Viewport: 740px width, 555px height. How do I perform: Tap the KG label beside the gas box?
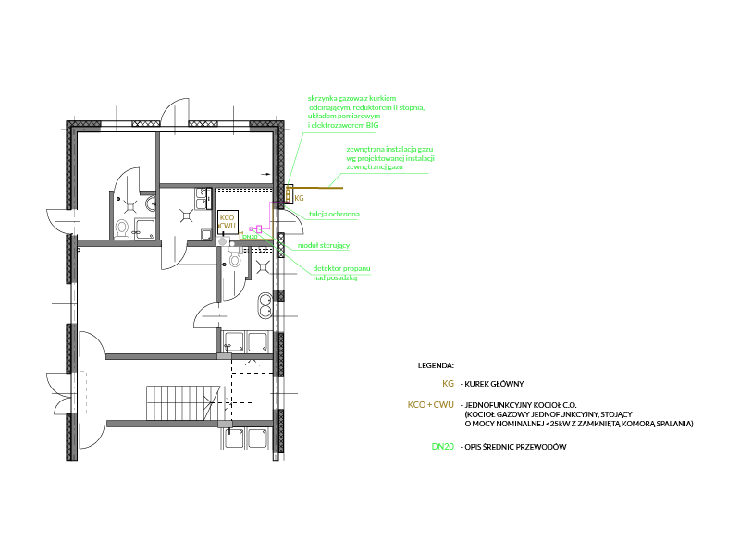(299, 198)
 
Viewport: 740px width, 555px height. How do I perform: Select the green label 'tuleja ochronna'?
(334, 214)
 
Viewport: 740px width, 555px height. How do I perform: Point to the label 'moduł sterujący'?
(324, 245)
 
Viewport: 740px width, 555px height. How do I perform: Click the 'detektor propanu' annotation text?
(341, 268)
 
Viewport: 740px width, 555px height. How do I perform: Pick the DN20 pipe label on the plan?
(249, 237)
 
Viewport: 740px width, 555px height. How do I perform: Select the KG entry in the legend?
(448, 383)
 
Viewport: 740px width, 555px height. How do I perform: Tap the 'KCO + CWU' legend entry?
(430, 405)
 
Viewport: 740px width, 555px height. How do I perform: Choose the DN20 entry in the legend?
(442, 447)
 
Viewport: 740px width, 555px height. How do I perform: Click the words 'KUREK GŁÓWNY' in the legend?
(496, 383)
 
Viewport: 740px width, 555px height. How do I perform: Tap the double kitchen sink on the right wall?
(265, 304)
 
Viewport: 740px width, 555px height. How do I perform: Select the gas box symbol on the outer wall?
(288, 194)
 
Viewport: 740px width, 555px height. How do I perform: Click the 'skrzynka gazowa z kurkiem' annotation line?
(352, 97)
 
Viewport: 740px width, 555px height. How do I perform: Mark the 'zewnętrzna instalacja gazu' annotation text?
(389, 148)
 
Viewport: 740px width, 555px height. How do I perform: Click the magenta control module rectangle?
(260, 228)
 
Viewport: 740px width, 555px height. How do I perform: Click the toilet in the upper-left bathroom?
(121, 228)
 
